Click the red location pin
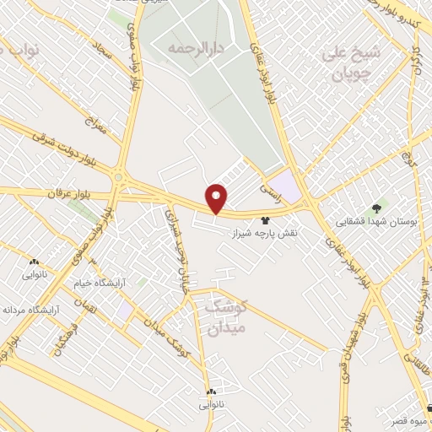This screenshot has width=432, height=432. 218,198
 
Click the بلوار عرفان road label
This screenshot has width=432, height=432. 50,193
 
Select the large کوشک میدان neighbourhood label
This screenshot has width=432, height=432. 224,317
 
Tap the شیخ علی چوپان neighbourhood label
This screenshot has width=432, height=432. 352,64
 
